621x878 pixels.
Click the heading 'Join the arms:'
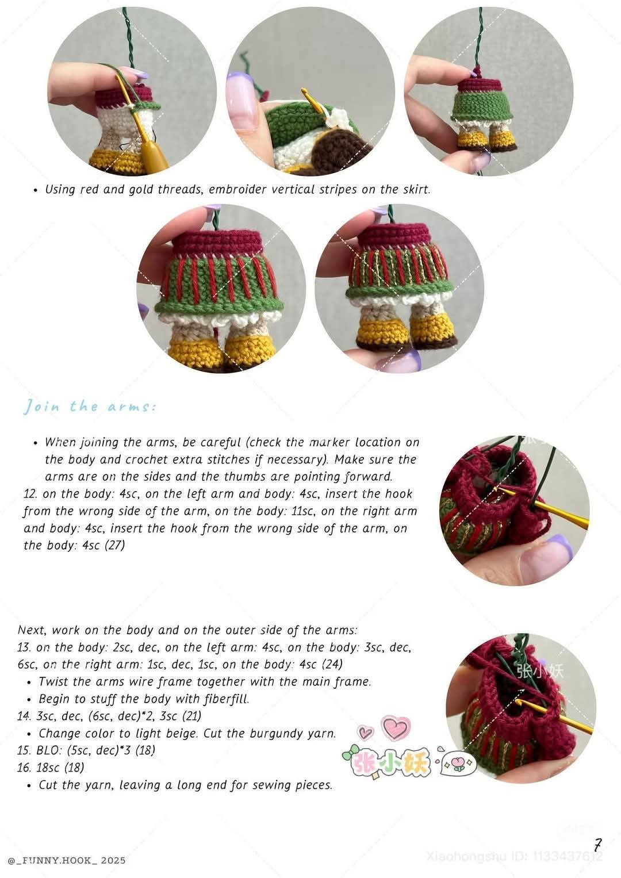(89, 407)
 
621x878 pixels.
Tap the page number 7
(598, 845)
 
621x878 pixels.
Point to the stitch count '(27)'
(114, 545)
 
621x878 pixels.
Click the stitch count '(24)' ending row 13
(332, 664)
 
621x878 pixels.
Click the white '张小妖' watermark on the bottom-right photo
(540, 670)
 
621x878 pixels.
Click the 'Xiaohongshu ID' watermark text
(515, 856)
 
